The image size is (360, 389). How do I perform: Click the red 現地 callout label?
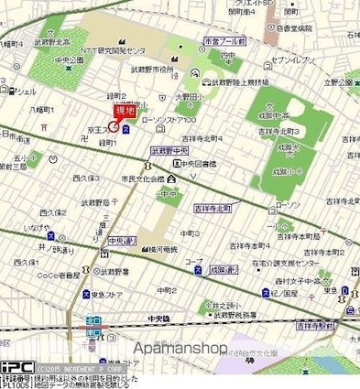pos(122,111)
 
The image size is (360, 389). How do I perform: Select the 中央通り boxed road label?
pos(122,241)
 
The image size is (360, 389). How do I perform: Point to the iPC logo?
pos(16,364)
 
